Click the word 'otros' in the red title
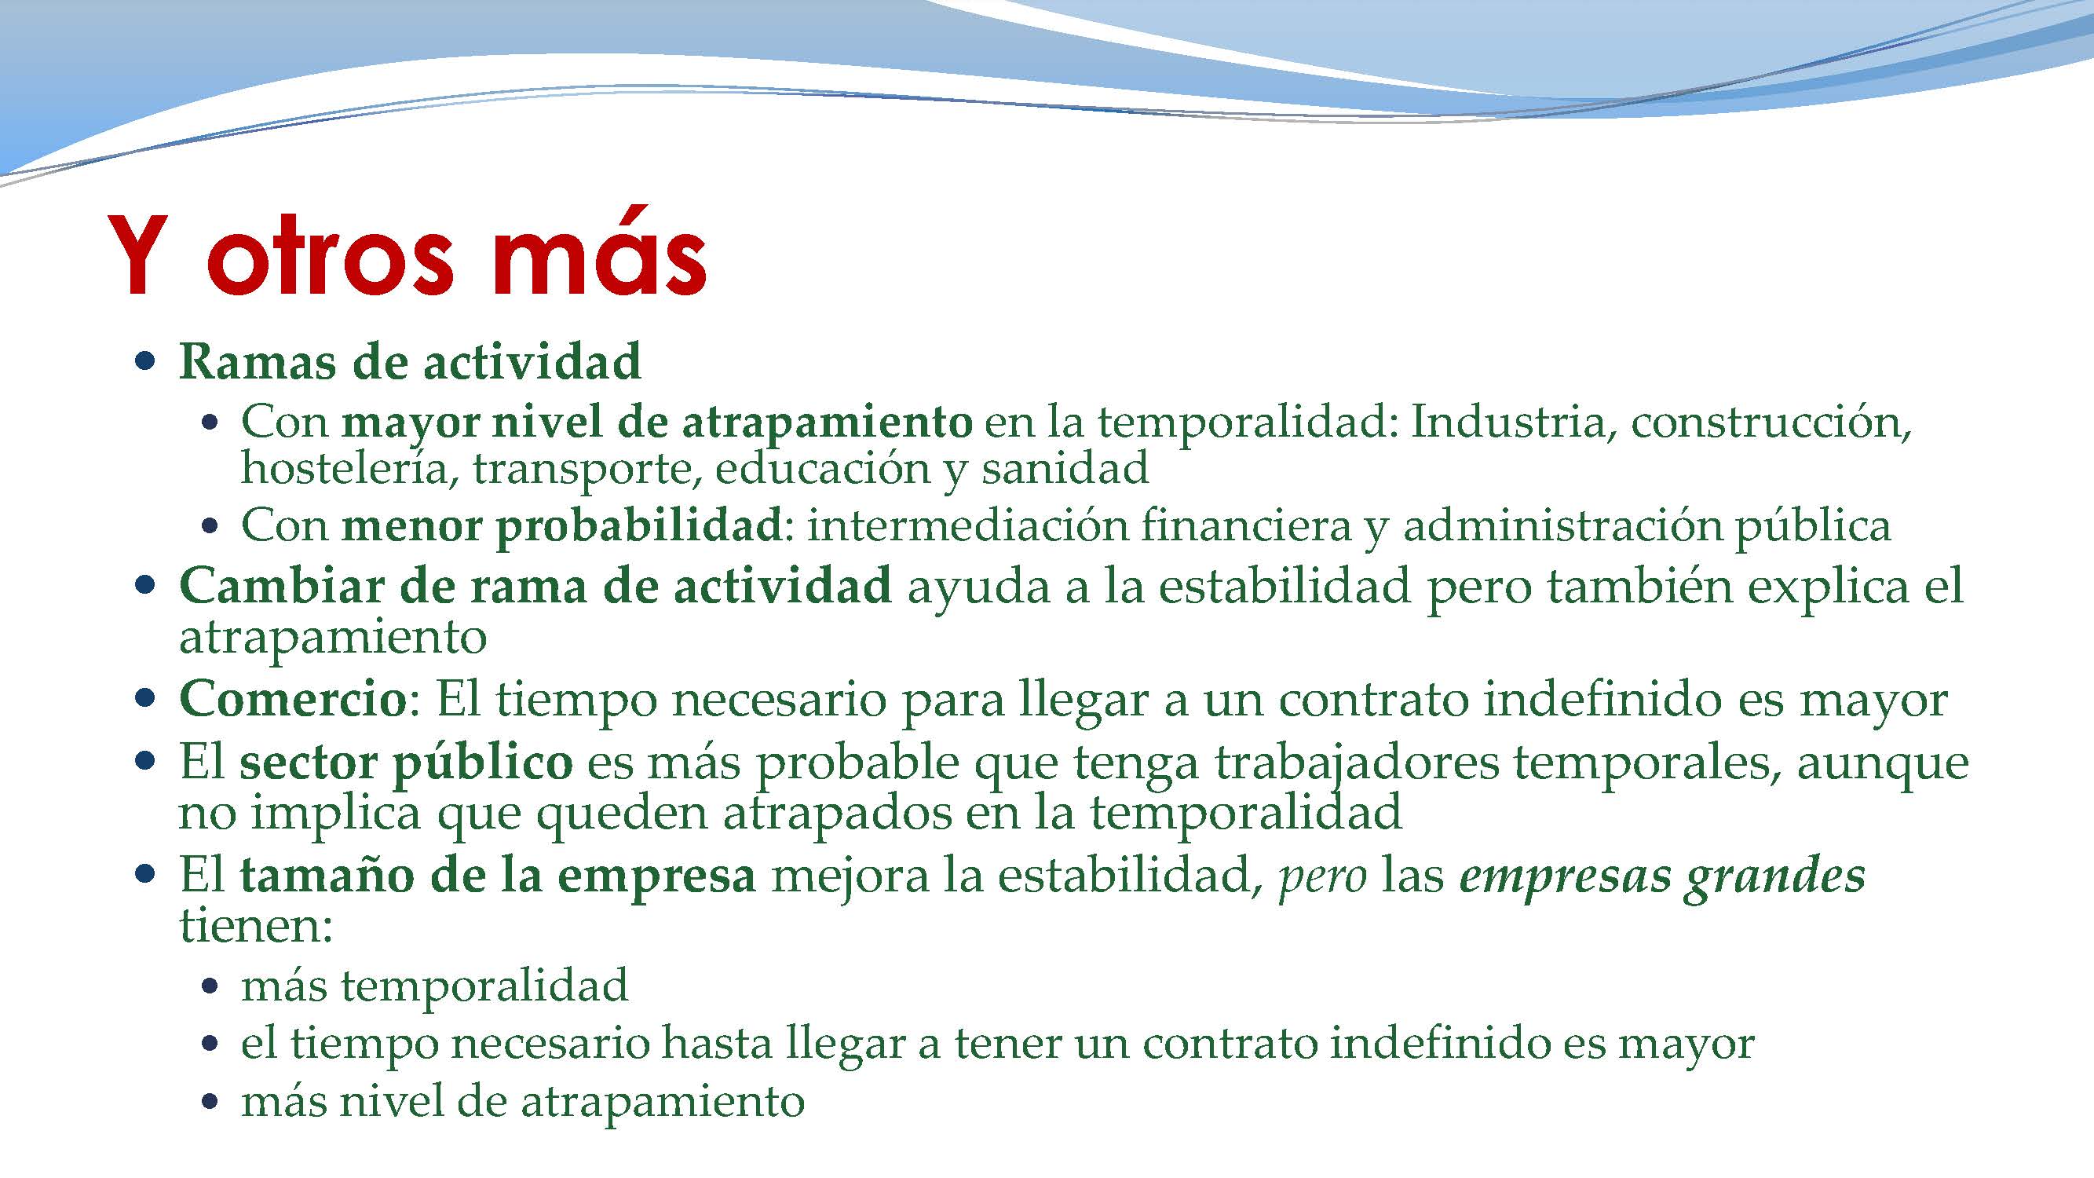[x=329, y=256]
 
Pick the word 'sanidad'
[x=1065, y=469]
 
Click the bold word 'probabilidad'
[x=638, y=527]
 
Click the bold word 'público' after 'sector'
[x=483, y=763]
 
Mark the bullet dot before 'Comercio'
[x=145, y=698]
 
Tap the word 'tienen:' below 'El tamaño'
[x=256, y=926]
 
